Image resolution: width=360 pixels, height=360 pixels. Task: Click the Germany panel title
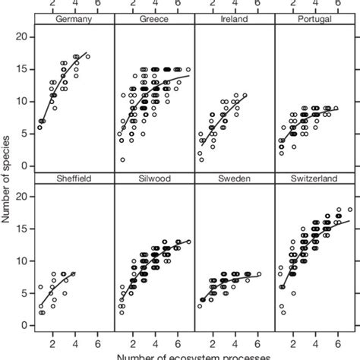(x=73, y=20)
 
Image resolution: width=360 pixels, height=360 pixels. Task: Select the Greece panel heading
(x=154, y=20)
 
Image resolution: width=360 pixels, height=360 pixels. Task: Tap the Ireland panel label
(x=235, y=20)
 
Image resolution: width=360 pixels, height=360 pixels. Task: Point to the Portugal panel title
(x=315, y=20)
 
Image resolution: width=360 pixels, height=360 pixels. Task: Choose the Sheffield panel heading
(x=73, y=179)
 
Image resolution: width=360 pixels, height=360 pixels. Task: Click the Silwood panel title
(x=154, y=179)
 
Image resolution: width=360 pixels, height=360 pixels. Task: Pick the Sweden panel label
(x=235, y=179)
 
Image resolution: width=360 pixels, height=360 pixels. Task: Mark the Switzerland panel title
(x=315, y=179)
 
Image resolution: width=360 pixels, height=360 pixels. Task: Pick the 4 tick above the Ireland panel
(x=235, y=5)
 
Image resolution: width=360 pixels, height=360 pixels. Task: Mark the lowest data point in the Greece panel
(x=122, y=159)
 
